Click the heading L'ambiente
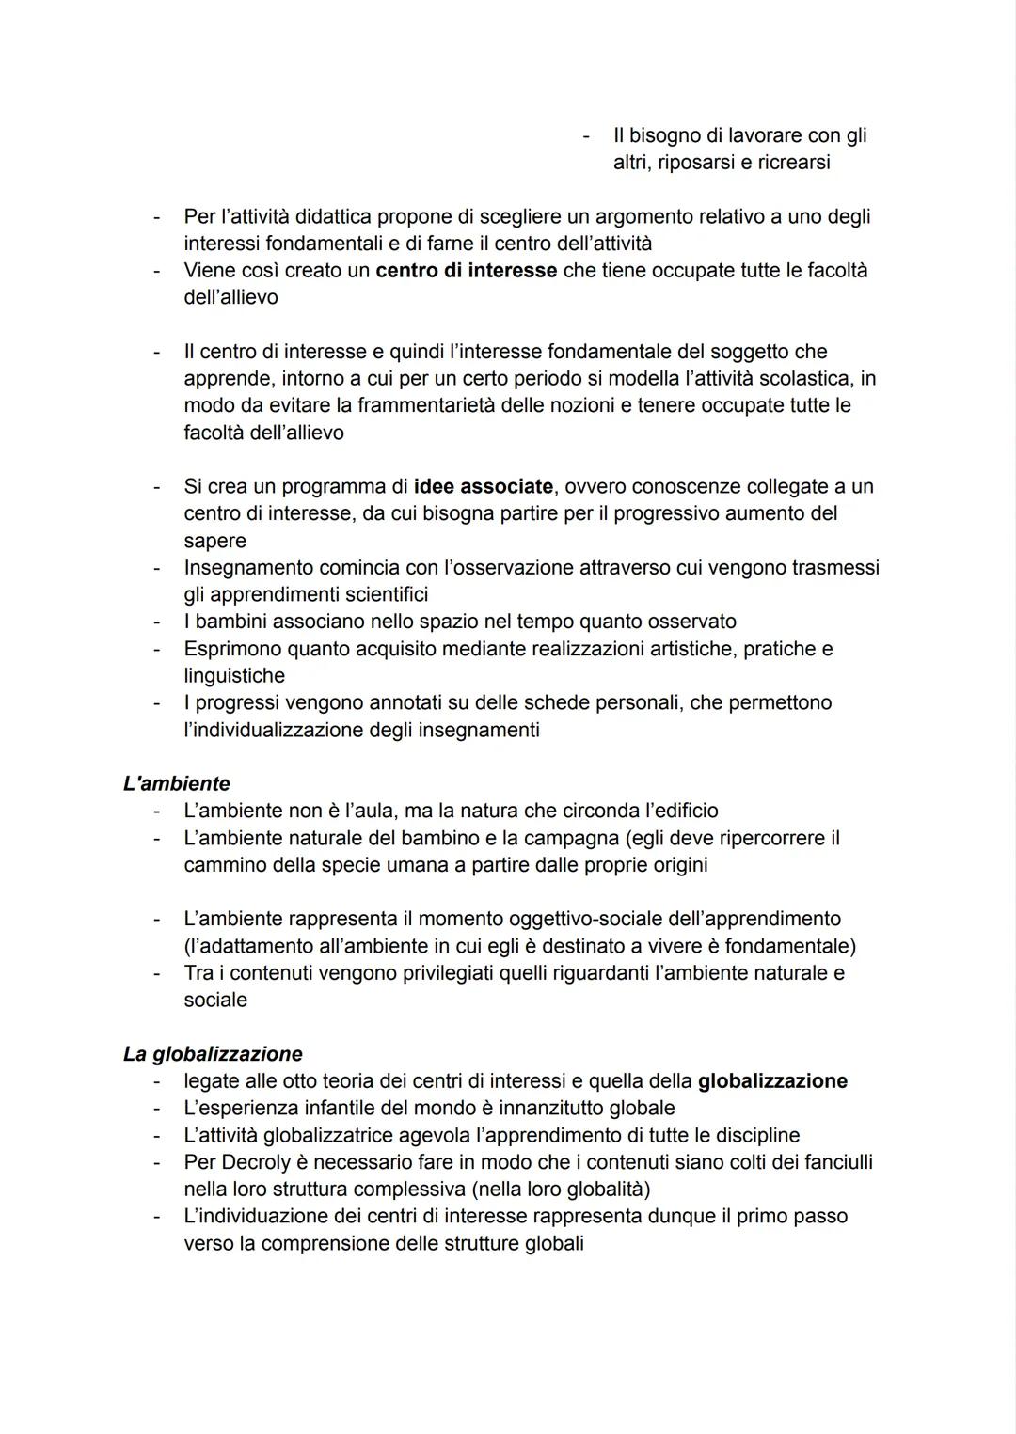pos(176,783)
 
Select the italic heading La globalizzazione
pos(213,1054)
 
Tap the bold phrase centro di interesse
pos(466,271)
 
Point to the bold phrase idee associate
pos(484,487)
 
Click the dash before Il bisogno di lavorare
pos(586,136)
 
